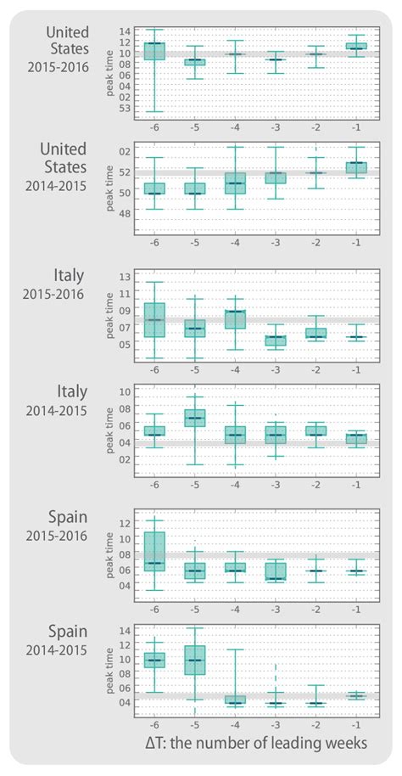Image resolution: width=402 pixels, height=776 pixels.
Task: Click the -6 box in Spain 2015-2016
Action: [x=154, y=551]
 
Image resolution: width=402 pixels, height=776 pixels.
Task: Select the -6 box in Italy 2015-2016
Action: [x=154, y=320]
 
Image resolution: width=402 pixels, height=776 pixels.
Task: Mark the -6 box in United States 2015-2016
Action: [x=154, y=51]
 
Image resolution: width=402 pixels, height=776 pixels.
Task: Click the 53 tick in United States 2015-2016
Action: [x=125, y=108]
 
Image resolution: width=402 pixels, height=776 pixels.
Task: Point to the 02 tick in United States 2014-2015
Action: [x=125, y=151]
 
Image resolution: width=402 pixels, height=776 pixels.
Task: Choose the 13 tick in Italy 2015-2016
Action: [x=125, y=277]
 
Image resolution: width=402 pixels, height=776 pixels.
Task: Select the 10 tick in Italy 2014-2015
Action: [x=125, y=391]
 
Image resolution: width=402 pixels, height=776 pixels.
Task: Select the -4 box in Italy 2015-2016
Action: [x=235, y=319]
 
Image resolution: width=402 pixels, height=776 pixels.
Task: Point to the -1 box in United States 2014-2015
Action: [x=356, y=167]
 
